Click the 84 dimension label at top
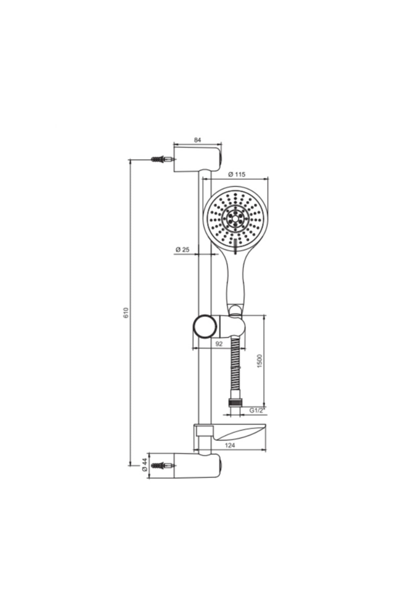click(x=198, y=140)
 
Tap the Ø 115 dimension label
click(x=237, y=174)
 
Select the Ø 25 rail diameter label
click(x=182, y=250)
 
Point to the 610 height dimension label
click(x=126, y=312)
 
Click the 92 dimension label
click(x=219, y=344)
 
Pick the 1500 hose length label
click(x=259, y=361)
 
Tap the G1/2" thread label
click(x=257, y=410)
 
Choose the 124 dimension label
click(x=230, y=445)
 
